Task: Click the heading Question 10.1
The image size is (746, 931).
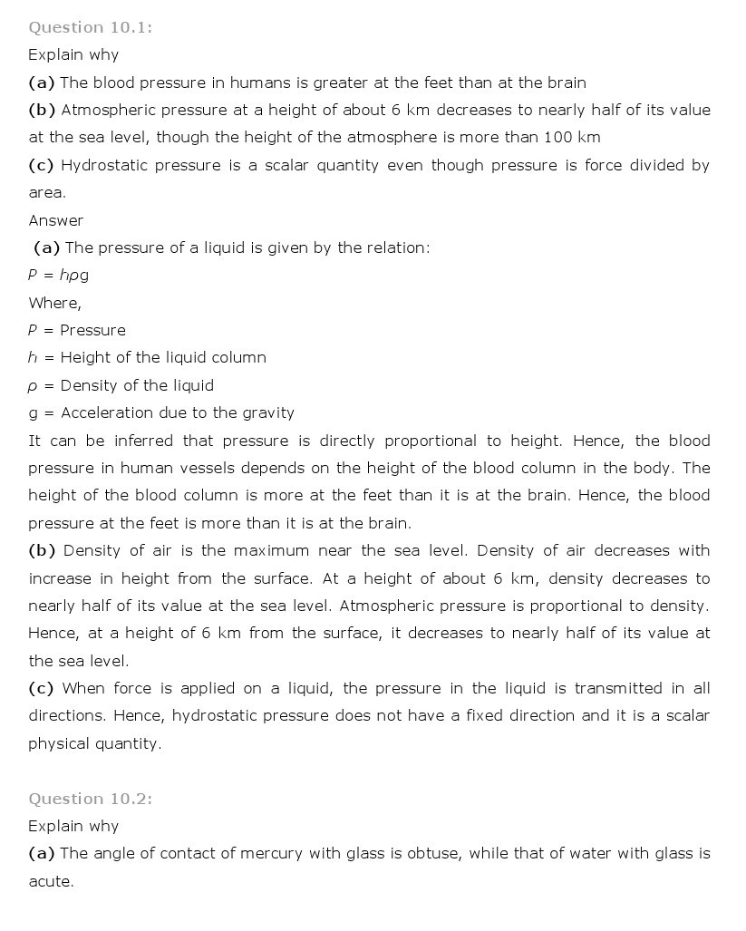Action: (90, 27)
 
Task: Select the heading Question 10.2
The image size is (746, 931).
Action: (90, 799)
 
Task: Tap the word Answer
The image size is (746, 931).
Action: (55, 220)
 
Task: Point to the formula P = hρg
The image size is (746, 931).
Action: (58, 275)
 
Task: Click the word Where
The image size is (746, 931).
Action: (54, 303)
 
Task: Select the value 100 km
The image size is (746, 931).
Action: (572, 138)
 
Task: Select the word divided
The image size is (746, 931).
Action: (653, 165)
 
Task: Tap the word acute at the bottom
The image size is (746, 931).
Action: (50, 881)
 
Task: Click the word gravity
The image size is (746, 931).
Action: (267, 413)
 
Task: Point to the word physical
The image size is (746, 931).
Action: (61, 744)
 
